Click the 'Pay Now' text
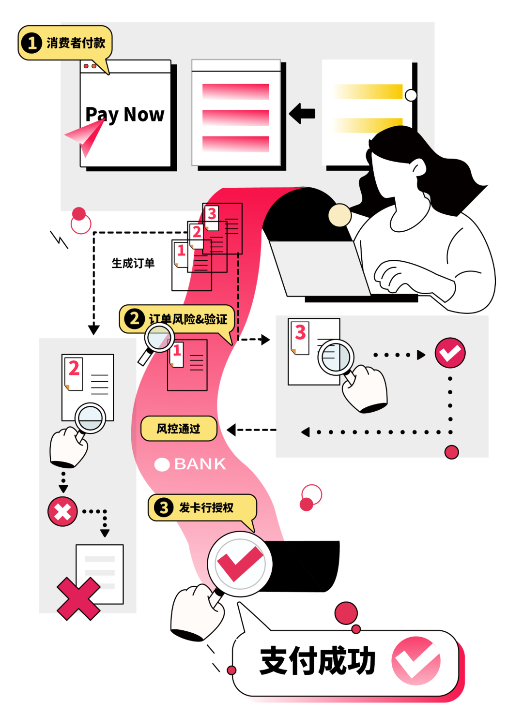coord(125,115)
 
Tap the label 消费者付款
coord(76,43)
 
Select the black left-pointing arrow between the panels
coord(303,114)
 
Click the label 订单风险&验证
coord(188,319)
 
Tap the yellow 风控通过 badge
coord(178,429)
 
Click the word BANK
coord(200,464)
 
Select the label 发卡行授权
coord(206,507)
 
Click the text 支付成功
coord(318,661)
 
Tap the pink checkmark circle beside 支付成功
coord(416,661)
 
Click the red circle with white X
coord(62,511)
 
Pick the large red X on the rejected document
coord(78,598)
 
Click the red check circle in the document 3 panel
coord(450,353)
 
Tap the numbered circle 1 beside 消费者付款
coord(32,43)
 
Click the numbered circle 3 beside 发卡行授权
coord(164,507)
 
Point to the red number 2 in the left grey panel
coord(74,369)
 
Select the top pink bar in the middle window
coord(236,91)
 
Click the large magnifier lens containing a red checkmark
coord(240,564)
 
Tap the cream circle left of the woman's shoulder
coord(339,215)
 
